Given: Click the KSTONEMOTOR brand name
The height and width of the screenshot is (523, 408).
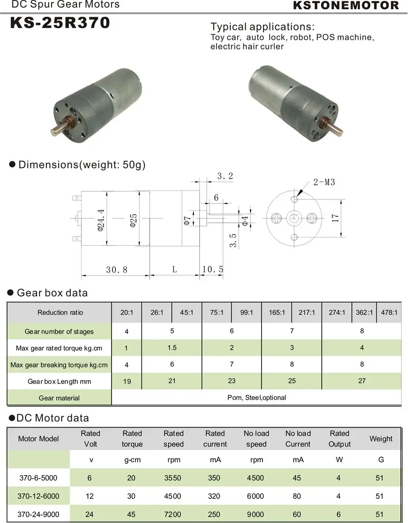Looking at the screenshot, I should [x=346, y=6].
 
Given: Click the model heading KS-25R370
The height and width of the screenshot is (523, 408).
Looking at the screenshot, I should [x=60, y=23].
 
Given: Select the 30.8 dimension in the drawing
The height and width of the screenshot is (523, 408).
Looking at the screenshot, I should [x=117, y=270].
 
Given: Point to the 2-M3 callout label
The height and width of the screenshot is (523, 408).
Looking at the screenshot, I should [x=324, y=183].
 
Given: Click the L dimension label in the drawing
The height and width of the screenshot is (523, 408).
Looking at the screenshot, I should [x=175, y=269].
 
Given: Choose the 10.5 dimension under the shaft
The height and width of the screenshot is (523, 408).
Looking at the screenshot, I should [x=213, y=270].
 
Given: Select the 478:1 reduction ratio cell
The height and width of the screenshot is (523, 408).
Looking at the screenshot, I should [x=389, y=313].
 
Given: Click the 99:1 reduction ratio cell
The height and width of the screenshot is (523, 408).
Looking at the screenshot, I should [x=247, y=313].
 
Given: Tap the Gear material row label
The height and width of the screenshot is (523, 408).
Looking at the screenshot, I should [x=59, y=398].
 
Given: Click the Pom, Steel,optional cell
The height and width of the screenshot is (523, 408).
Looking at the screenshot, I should [x=257, y=397].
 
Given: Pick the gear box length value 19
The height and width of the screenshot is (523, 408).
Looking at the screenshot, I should [x=127, y=381].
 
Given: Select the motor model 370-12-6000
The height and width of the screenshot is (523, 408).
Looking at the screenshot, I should [x=39, y=496].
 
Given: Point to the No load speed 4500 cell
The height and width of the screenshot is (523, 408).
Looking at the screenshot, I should [x=256, y=478].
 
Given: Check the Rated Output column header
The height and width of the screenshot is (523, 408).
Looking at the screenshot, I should [x=340, y=439].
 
